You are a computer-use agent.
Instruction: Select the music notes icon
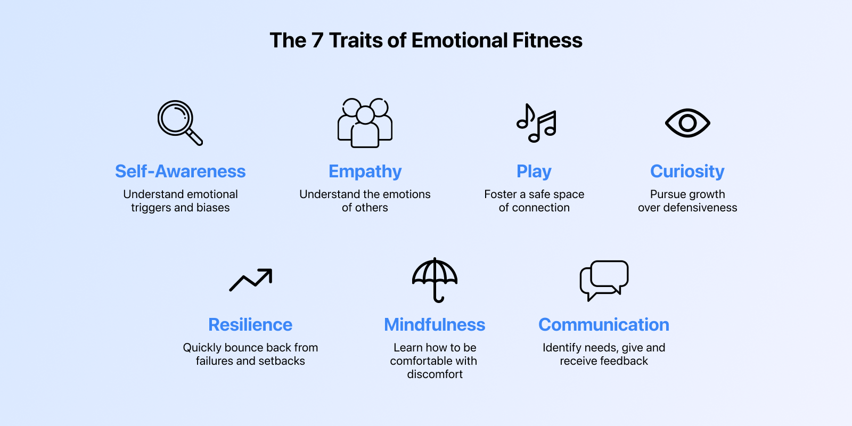click(536, 123)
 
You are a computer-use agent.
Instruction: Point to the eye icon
click(687, 123)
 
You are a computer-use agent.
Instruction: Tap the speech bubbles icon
click(604, 280)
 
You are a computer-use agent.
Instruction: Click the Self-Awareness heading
click(181, 171)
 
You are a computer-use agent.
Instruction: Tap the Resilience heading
click(250, 325)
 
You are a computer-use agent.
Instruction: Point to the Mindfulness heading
click(435, 325)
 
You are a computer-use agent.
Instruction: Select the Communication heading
click(604, 325)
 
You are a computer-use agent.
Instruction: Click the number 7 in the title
click(317, 40)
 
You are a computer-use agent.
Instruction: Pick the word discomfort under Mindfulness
click(435, 374)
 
